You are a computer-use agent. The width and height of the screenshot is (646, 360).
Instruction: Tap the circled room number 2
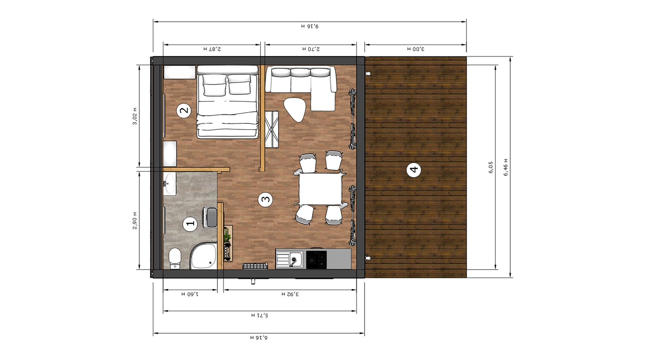[x=184, y=111]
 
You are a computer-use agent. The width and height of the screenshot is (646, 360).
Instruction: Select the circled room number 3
[x=265, y=199]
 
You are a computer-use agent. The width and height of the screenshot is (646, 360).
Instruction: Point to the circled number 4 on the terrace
[x=414, y=170]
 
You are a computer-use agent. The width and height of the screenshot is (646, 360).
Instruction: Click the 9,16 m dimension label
[x=310, y=26]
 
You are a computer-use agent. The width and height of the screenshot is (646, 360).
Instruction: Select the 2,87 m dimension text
[x=212, y=49]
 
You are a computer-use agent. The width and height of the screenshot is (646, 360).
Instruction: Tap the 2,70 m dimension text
[x=311, y=49]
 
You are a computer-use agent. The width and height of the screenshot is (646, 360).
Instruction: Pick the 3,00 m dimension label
[x=415, y=49]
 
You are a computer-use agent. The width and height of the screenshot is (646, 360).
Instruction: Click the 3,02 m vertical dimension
[x=135, y=116]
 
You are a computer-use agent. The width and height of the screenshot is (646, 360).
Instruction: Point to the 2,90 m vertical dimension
[x=135, y=220]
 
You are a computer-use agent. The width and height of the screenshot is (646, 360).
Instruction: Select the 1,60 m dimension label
[x=190, y=294]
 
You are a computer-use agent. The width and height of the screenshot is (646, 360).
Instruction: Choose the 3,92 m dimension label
[x=290, y=294]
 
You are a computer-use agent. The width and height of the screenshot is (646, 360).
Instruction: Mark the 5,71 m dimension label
[x=259, y=315]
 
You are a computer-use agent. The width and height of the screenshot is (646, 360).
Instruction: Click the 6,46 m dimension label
[x=506, y=167]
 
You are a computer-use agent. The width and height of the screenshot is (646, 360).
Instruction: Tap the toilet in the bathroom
[x=174, y=258]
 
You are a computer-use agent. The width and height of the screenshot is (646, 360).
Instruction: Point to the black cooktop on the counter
[x=316, y=260]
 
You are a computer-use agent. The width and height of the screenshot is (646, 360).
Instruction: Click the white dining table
[x=320, y=189]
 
